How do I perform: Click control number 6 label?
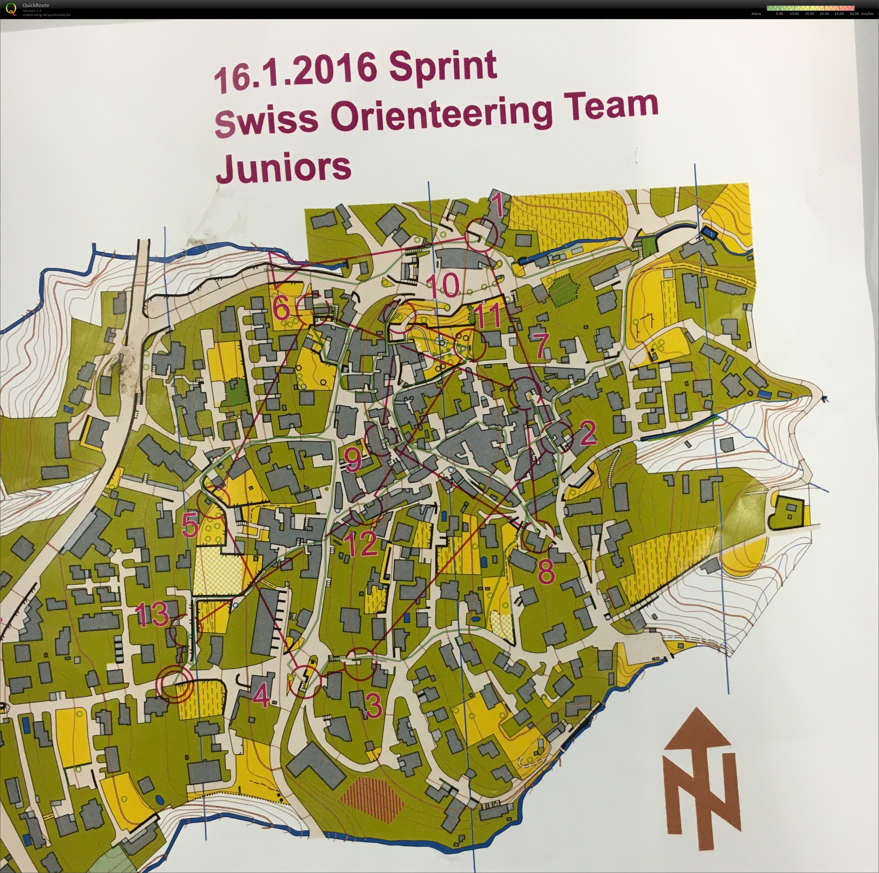coord(282,309)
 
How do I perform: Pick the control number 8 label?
coord(546,571)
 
